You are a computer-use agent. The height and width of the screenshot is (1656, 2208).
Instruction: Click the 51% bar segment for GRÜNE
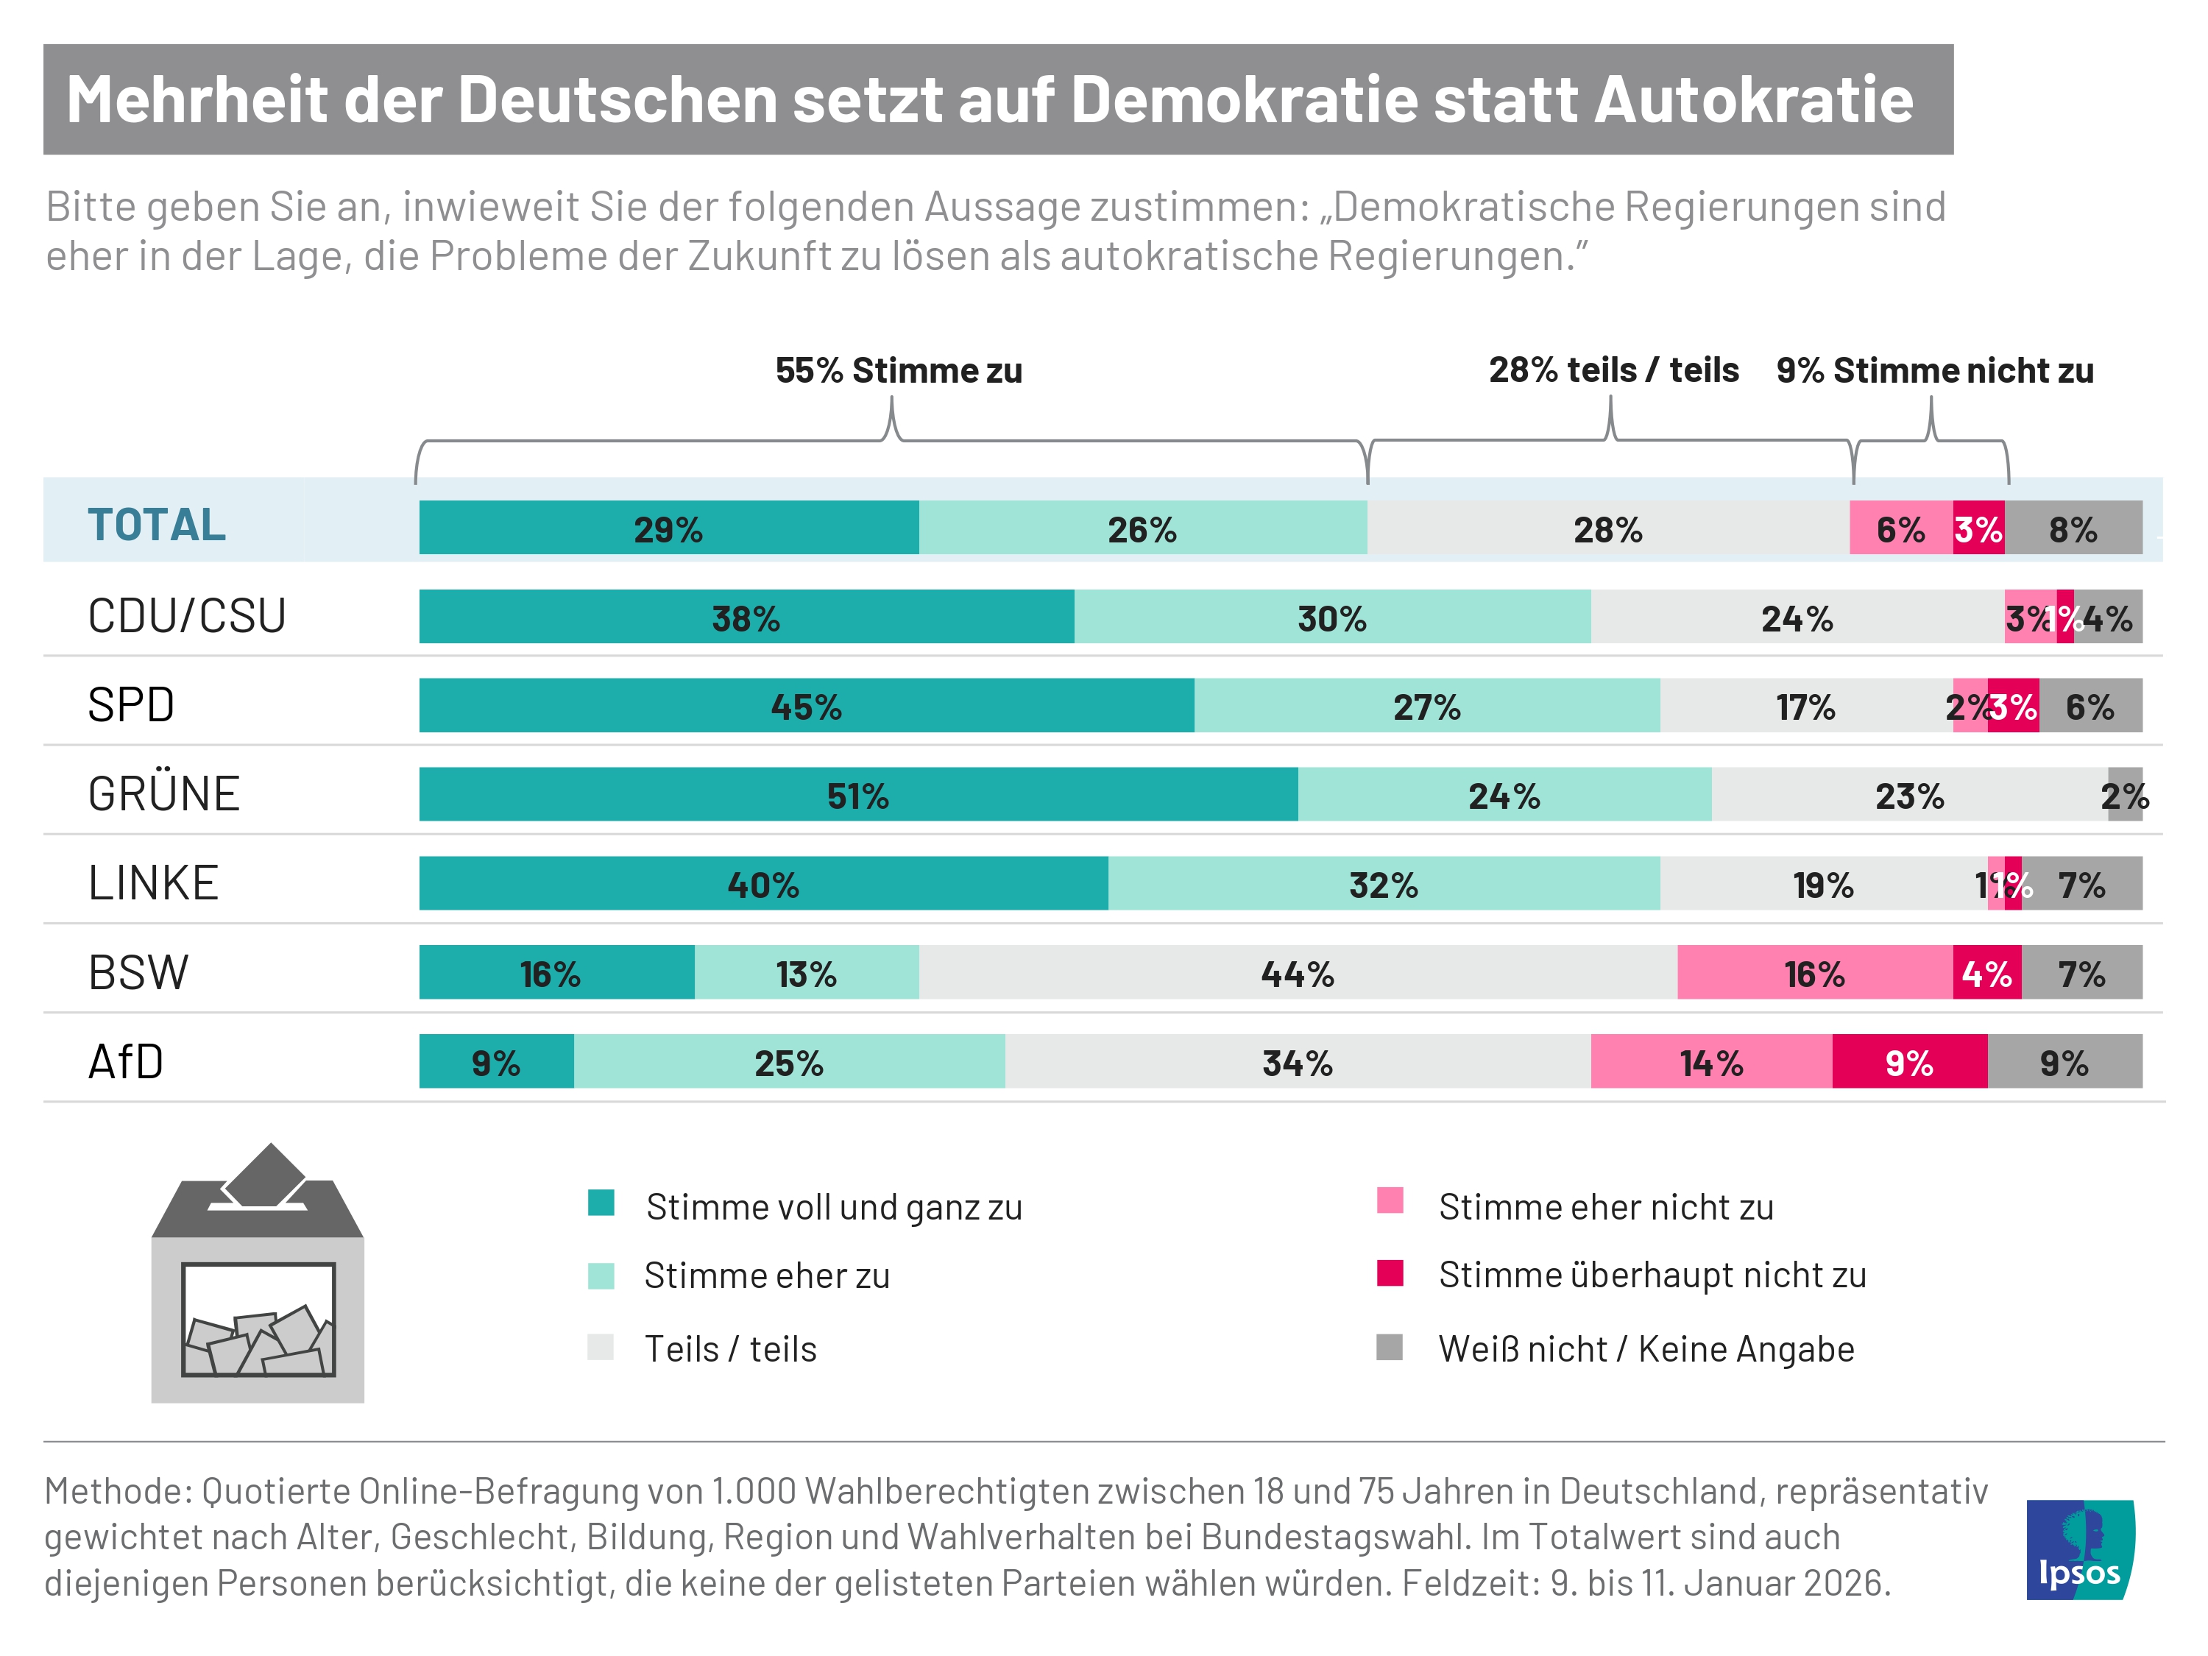[x=858, y=795]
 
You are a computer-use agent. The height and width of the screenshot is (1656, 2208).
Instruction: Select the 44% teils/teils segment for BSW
[x=1298, y=972]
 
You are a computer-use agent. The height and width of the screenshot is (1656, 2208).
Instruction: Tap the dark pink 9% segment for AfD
[x=1908, y=1061]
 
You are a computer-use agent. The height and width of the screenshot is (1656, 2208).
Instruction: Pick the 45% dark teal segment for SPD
[x=807, y=706]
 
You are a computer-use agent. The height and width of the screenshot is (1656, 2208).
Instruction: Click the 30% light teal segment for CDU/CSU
[x=1331, y=617]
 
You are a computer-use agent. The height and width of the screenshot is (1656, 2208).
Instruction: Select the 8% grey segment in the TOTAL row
[x=2073, y=528]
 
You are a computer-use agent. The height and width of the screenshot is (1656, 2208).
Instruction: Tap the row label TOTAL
[x=157, y=525]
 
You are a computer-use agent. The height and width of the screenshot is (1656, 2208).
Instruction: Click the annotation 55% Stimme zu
[x=899, y=370]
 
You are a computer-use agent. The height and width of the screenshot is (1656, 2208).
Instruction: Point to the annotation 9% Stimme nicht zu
[x=1933, y=370]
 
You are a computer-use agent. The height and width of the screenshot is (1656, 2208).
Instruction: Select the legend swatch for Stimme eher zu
[x=601, y=1275]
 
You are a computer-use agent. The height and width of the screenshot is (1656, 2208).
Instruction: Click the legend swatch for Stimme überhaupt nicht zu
[x=1390, y=1274]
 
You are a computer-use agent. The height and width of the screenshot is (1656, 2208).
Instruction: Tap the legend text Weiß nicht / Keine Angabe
[x=1645, y=1348]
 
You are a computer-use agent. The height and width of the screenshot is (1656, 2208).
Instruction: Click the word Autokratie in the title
[x=1753, y=100]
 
